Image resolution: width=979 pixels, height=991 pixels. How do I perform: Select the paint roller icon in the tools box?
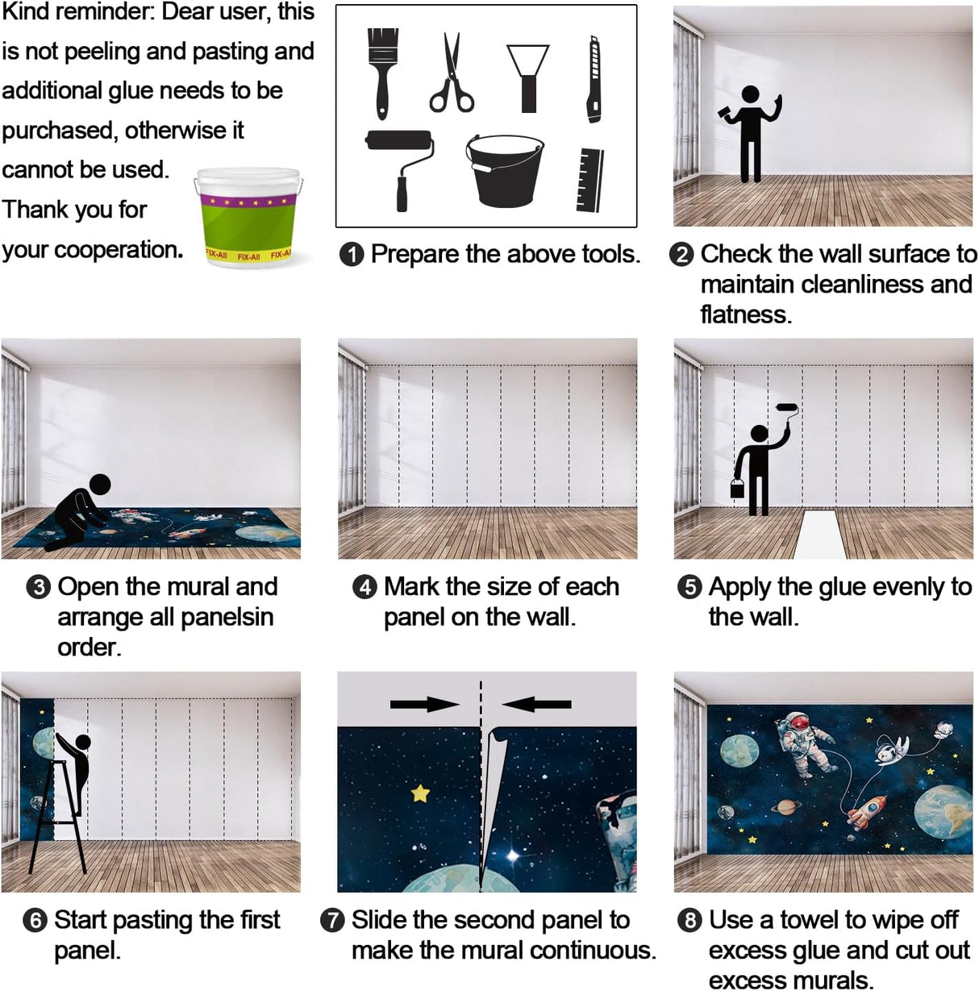click(x=399, y=169)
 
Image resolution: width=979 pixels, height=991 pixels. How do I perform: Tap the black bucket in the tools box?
click(x=505, y=171)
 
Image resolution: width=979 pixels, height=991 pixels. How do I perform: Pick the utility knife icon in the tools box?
click(x=594, y=79)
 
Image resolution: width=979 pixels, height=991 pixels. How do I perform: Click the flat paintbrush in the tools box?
click(x=383, y=73)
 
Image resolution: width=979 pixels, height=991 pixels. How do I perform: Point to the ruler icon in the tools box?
click(x=589, y=180)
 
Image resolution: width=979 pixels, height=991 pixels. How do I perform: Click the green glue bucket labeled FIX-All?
click(x=248, y=217)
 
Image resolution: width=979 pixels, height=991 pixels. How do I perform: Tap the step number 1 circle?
click(x=352, y=255)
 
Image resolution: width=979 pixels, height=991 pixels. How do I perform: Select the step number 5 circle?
click(x=689, y=587)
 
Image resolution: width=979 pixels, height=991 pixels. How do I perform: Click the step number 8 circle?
click(x=689, y=921)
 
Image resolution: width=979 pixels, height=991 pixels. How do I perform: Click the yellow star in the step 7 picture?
click(x=420, y=793)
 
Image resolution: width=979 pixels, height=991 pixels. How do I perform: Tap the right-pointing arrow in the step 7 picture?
click(x=424, y=704)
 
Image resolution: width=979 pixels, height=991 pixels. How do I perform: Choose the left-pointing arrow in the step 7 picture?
click(x=536, y=704)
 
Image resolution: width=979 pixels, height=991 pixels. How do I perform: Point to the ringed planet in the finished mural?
click(x=786, y=806)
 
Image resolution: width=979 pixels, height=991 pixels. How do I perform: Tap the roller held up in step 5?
click(x=787, y=407)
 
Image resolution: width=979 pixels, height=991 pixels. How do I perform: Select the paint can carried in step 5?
click(x=737, y=488)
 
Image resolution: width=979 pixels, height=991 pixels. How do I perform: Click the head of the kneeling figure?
click(x=100, y=484)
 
